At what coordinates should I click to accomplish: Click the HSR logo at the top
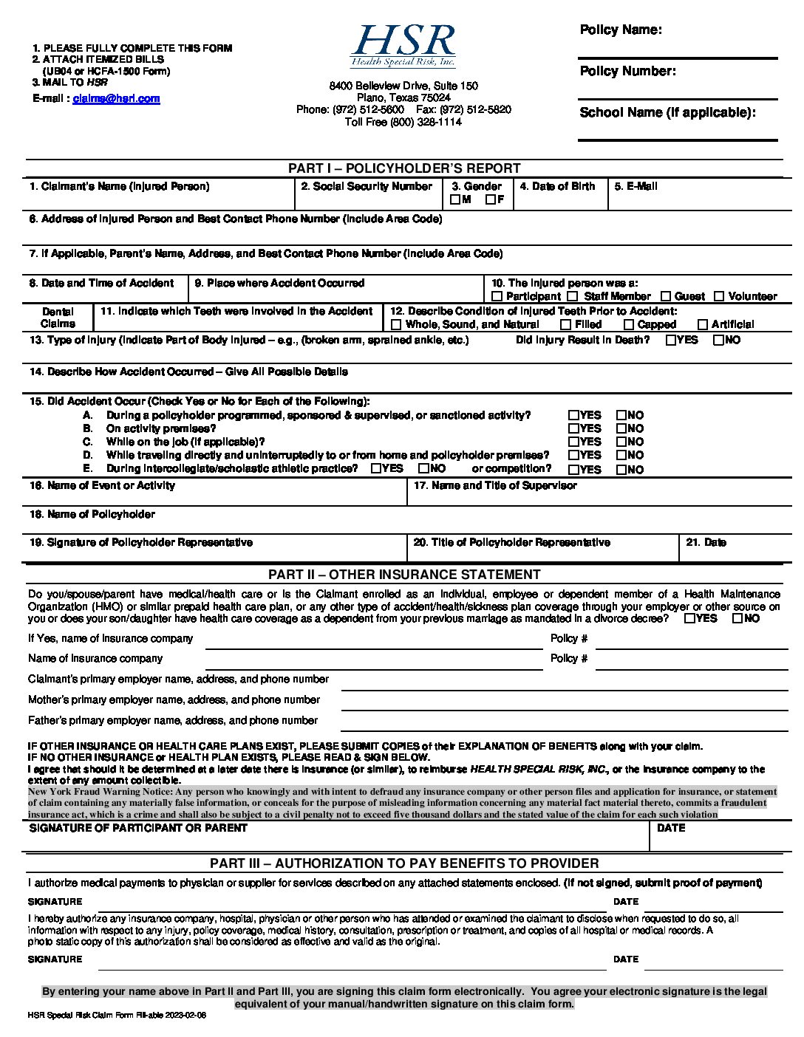[403, 47]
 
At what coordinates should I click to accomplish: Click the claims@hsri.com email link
[116, 99]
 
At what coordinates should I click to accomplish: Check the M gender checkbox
[455, 199]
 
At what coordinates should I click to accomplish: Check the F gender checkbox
[491, 199]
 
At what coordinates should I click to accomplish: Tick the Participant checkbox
[497, 296]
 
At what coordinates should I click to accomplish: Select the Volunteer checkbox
[719, 296]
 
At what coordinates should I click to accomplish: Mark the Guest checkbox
[666, 296]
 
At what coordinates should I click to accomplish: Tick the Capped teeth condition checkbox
[629, 324]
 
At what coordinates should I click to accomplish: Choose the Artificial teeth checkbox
[703, 324]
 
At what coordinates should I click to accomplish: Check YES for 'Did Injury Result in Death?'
[671, 340]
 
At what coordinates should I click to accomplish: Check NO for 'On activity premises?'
[621, 428]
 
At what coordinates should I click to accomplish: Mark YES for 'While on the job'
[573, 442]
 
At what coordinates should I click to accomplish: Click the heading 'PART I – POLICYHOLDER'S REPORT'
[404, 168]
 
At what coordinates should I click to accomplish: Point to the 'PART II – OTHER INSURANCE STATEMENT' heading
[404, 575]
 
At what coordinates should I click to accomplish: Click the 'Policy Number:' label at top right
[627, 72]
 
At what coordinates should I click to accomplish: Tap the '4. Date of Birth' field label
[557, 187]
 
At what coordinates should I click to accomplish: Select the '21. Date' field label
[706, 543]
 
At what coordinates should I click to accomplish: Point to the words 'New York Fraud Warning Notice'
[100, 792]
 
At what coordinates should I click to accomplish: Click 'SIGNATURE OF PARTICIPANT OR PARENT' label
[138, 829]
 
